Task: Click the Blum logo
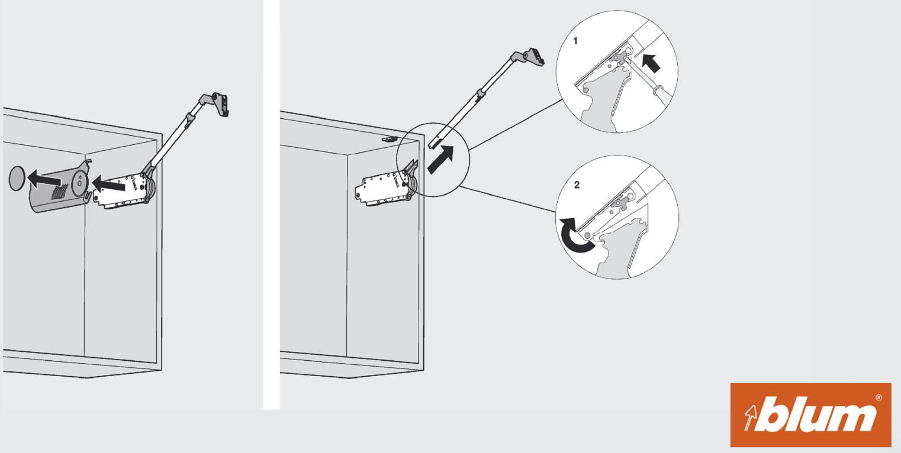[x=810, y=415]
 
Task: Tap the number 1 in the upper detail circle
[x=575, y=41]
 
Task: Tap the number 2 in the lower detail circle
[x=577, y=185]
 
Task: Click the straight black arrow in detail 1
[x=651, y=63]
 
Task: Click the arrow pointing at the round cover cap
[x=44, y=179]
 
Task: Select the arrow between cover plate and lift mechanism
[x=108, y=185]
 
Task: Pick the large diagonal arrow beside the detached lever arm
[x=440, y=160]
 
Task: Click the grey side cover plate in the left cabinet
[x=60, y=188]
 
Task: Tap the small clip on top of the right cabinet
[x=390, y=139]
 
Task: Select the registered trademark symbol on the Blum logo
[x=879, y=397]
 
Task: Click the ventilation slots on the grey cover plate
[x=60, y=192]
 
